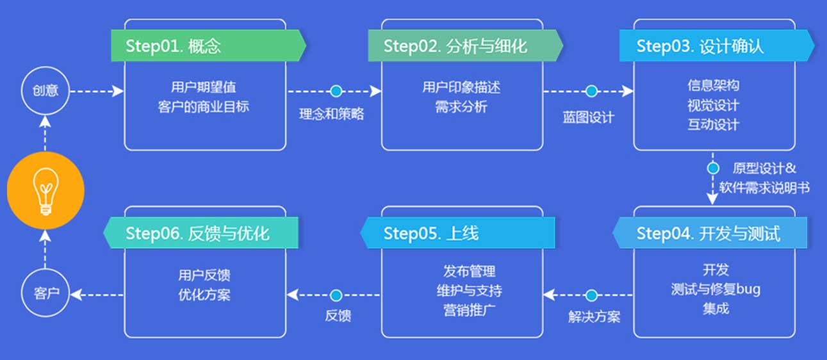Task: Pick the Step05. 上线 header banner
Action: [x=457, y=233]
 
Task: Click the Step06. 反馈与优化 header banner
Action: [x=201, y=233]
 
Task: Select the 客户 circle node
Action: [x=45, y=294]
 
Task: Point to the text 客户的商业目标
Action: [x=203, y=106]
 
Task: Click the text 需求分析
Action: [x=461, y=106]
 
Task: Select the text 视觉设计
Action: [x=713, y=105]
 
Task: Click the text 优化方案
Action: [x=204, y=295]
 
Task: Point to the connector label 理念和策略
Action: [x=332, y=115]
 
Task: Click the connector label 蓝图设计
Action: [x=588, y=117]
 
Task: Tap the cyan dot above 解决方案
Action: [x=591, y=295]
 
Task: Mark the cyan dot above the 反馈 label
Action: [x=336, y=295]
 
